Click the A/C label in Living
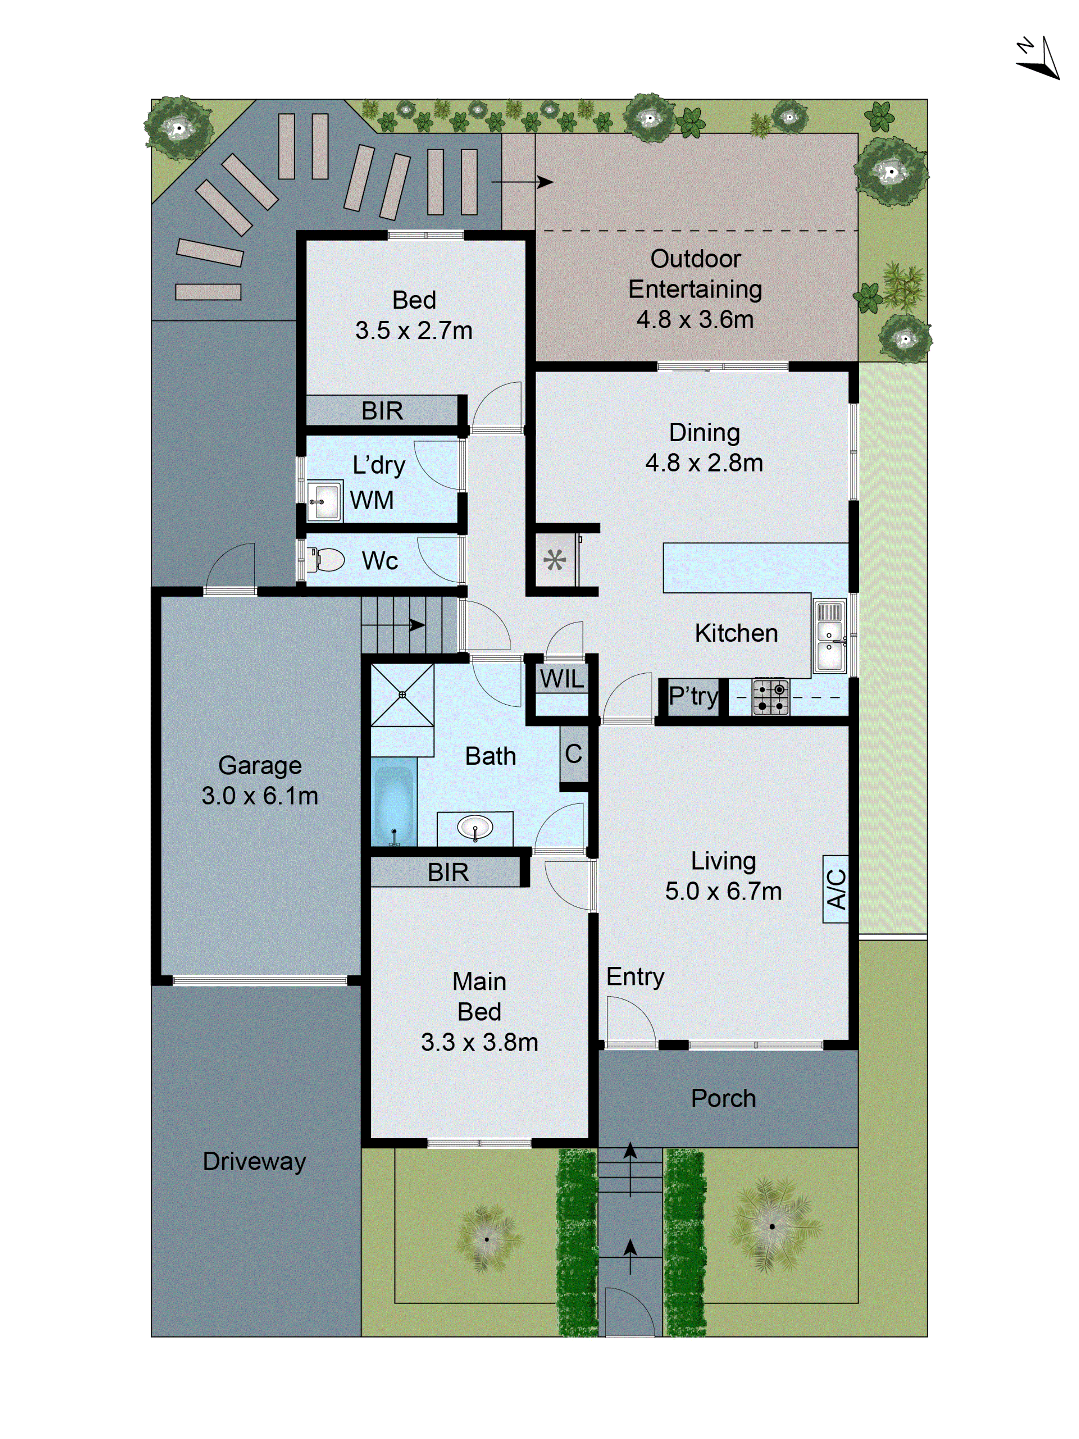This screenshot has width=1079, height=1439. click(x=836, y=889)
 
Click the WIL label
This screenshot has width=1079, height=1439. click(x=562, y=679)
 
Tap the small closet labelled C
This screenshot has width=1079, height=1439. click(x=573, y=754)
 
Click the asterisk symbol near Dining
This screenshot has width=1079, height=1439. click(x=554, y=560)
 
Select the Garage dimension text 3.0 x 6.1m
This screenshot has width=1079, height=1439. click(x=260, y=796)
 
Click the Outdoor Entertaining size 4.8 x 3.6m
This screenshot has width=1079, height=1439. click(x=695, y=319)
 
